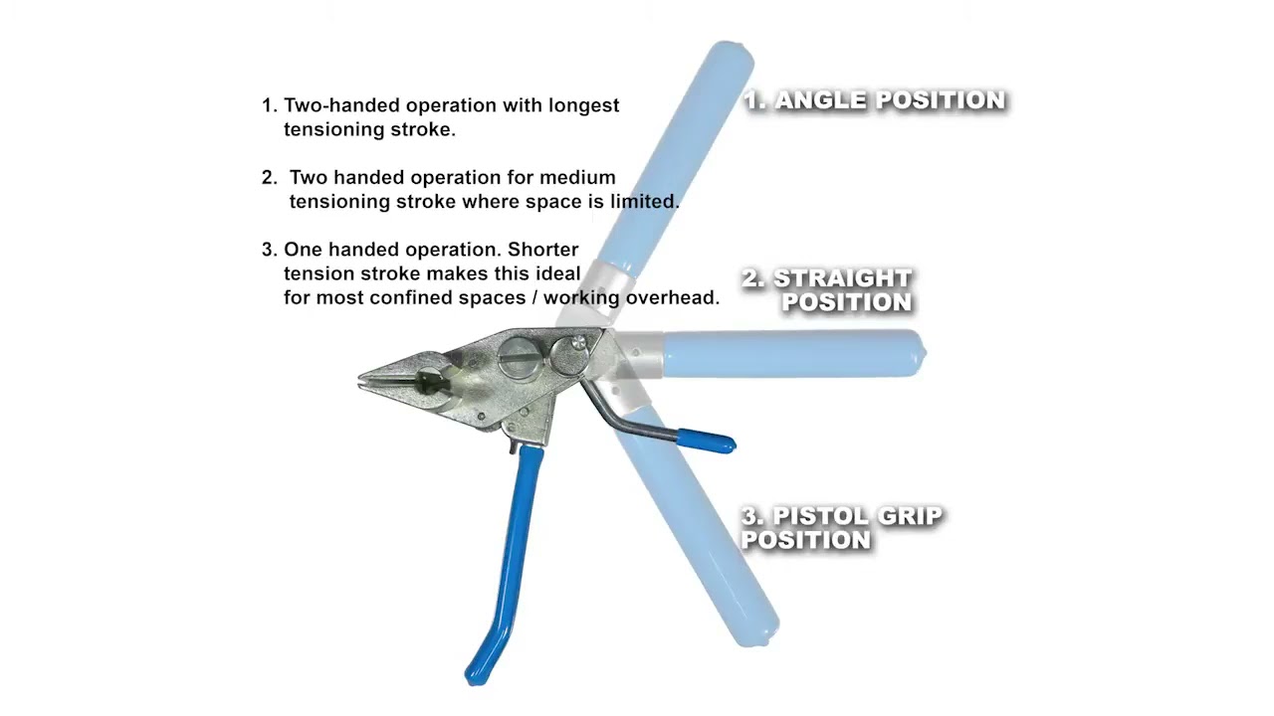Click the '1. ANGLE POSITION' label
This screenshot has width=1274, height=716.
(x=875, y=100)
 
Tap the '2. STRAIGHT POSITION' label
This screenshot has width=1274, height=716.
(x=827, y=290)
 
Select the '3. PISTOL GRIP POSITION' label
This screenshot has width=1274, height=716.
(x=841, y=528)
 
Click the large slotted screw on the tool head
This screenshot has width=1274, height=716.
(x=521, y=358)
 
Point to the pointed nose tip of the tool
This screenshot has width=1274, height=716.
(x=359, y=380)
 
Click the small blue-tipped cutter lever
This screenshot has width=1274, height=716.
(x=705, y=442)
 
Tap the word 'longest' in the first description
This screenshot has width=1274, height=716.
(x=583, y=106)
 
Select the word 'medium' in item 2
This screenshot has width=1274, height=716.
(x=577, y=178)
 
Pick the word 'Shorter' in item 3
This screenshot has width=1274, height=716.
(x=543, y=250)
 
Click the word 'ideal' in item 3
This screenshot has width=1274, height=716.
(x=558, y=273)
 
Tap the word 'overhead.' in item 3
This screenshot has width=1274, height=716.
(x=673, y=298)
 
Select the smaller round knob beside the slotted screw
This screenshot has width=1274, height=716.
(x=568, y=355)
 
